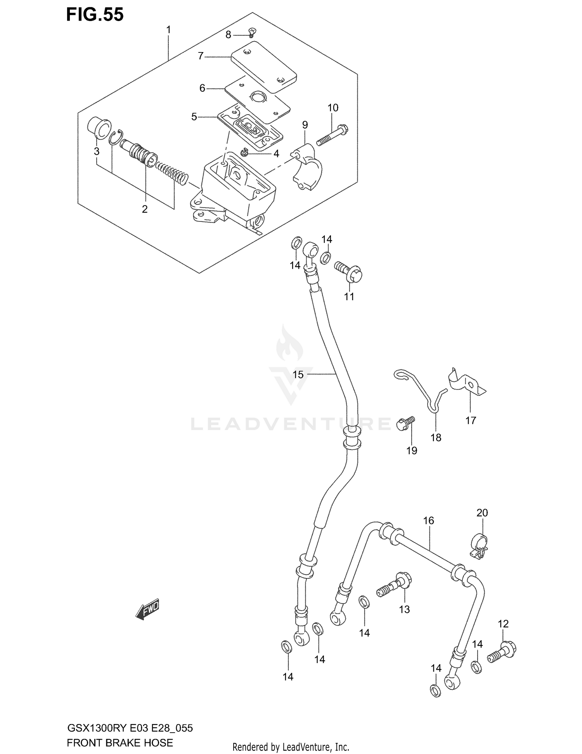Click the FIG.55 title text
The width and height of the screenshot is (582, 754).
coord(95,15)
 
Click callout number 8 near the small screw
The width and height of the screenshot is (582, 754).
coord(228,35)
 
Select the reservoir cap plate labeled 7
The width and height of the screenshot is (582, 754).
coord(263,70)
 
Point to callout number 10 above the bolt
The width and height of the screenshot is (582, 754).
coord(333,108)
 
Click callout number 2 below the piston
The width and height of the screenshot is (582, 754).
coord(145,209)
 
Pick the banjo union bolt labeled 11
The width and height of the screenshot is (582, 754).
coord(349,272)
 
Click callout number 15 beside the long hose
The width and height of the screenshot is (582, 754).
coord(298,374)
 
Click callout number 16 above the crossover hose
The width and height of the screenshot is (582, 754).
coord(428,521)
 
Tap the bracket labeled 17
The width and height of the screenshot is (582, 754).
coord(466,383)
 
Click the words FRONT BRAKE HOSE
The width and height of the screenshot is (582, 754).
coord(120,743)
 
